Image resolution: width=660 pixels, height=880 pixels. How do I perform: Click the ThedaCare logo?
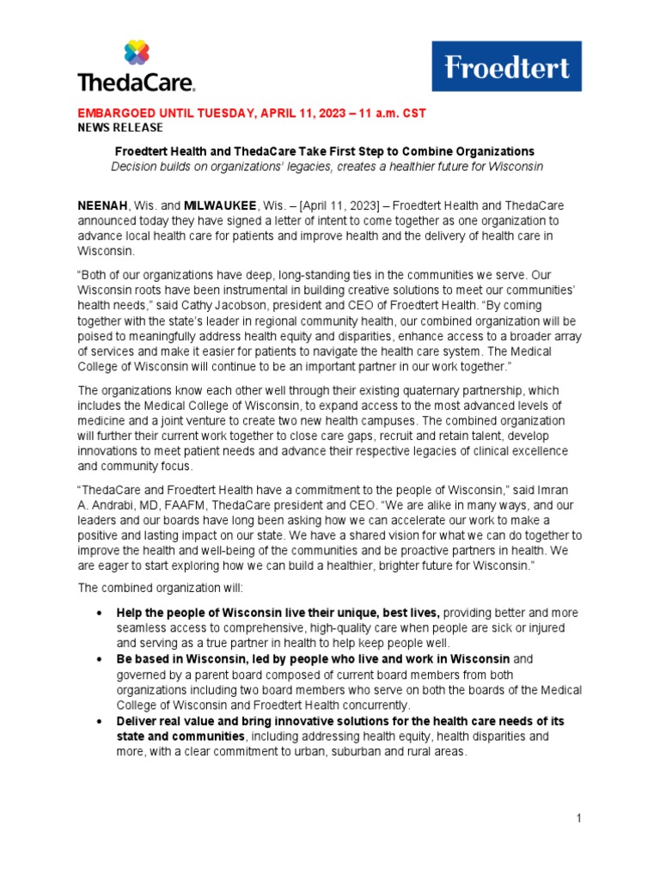point(137,67)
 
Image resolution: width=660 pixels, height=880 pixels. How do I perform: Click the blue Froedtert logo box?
point(506,66)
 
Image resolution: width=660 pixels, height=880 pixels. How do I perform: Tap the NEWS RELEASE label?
point(120,127)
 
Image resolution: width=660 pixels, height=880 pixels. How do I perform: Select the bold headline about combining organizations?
point(325,150)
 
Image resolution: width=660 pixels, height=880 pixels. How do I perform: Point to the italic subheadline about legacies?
point(327,165)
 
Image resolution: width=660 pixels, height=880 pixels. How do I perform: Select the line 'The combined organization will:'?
point(150,589)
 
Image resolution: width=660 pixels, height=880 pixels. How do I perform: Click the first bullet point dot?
point(102,613)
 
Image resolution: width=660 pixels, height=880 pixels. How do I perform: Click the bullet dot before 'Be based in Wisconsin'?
point(102,659)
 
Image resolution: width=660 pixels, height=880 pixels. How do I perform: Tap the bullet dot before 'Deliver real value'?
point(102,721)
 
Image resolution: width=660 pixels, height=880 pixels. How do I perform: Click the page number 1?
point(579,817)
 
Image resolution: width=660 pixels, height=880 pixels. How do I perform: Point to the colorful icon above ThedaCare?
point(137,52)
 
